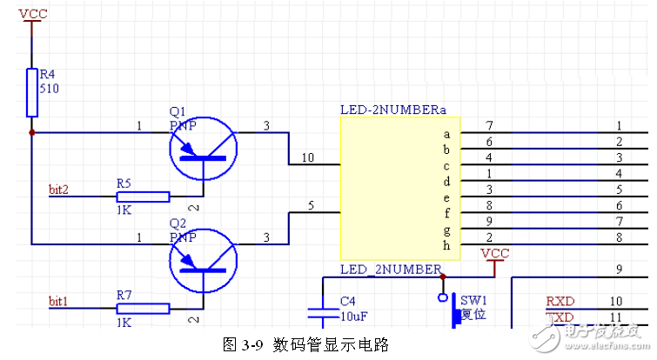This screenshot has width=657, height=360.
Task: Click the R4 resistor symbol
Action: click(x=32, y=91)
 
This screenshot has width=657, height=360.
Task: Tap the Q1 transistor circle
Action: click(x=203, y=149)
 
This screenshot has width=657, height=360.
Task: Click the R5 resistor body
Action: click(x=144, y=197)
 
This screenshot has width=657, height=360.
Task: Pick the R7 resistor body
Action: click(x=144, y=309)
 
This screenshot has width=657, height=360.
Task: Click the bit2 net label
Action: click(x=58, y=189)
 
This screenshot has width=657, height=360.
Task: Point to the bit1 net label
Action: click(x=58, y=301)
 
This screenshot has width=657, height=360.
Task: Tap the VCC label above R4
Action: click(x=32, y=14)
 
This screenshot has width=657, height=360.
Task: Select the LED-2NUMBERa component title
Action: click(x=392, y=110)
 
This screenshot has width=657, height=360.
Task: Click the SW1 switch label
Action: click(x=474, y=299)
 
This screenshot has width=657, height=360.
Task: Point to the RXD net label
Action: click(x=560, y=301)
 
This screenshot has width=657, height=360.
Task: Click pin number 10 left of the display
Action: click(x=307, y=157)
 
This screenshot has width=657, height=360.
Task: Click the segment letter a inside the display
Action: click(x=446, y=134)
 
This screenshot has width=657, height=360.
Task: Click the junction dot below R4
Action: click(x=32, y=133)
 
